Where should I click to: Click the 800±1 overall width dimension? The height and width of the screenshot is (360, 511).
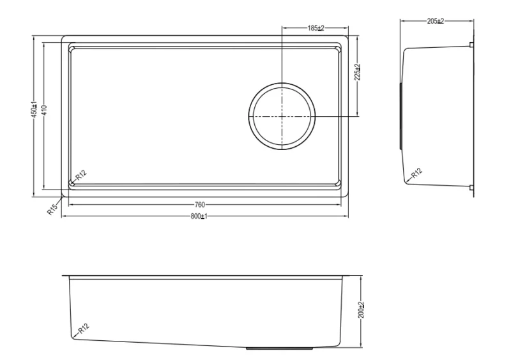tap(199, 216)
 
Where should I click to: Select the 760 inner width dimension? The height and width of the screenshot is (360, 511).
tap(199, 205)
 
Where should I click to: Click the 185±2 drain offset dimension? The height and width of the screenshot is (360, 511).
tap(316, 28)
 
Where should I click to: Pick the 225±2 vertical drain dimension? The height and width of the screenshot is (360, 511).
tap(358, 72)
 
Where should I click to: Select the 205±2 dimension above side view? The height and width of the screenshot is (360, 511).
tap(436, 21)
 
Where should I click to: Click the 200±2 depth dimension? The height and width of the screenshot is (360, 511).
tap(361, 310)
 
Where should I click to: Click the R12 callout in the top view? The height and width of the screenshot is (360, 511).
tap(81, 175)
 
